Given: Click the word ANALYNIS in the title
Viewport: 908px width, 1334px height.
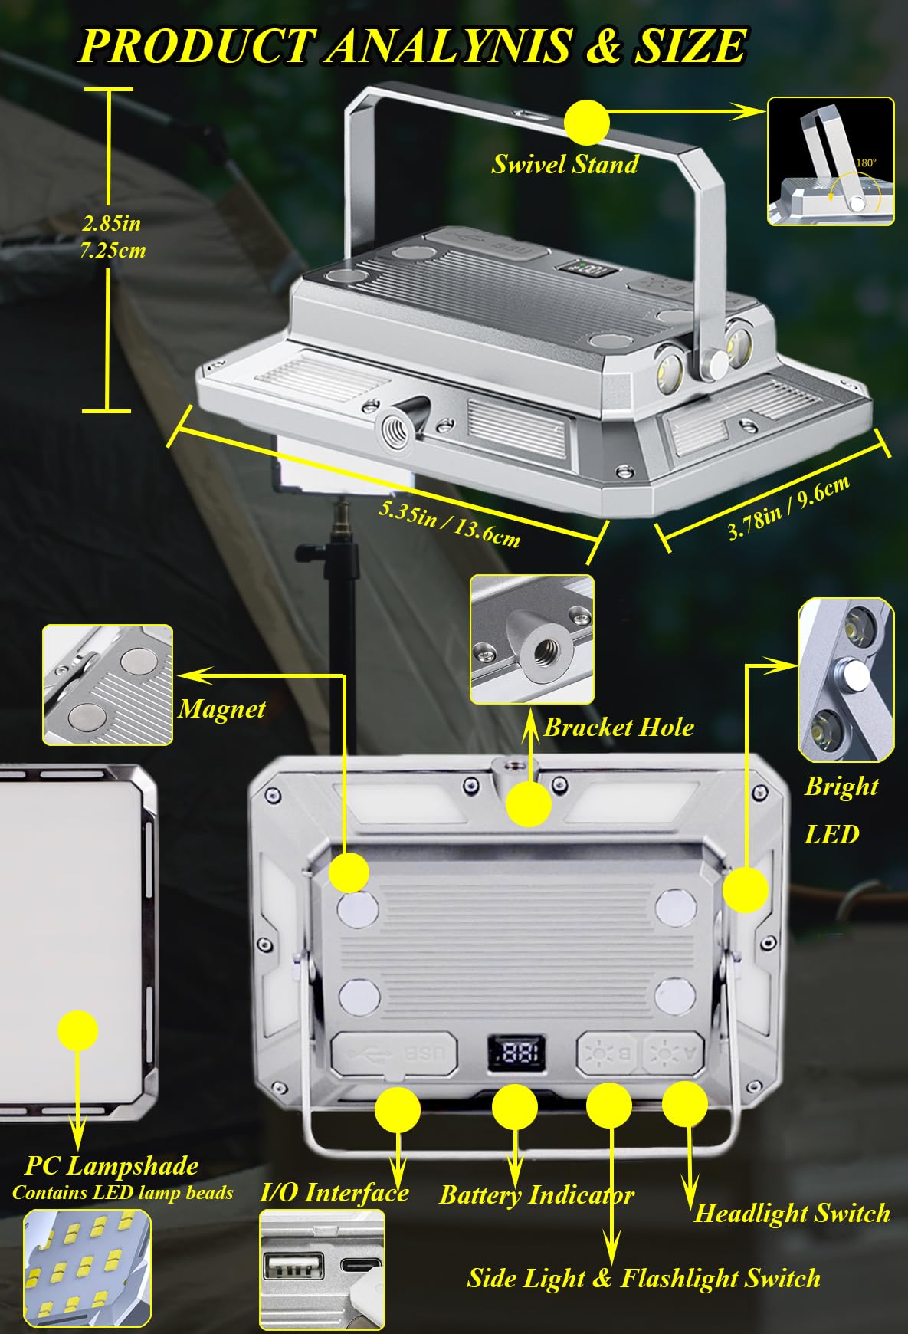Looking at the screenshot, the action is point(449,46).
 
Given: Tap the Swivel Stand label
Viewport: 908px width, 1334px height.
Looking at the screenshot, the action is point(565,164).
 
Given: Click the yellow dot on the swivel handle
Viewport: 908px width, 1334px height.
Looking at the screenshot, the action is point(586,122).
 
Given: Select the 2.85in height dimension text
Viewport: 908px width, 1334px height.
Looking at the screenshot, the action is point(112,223).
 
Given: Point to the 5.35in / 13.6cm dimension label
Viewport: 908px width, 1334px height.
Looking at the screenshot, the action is point(450,524).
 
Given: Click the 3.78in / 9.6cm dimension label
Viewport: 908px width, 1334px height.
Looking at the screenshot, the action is point(789,508).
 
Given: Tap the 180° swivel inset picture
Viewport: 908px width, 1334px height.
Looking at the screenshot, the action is point(831,161).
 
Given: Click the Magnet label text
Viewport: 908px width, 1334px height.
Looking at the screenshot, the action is point(221,708).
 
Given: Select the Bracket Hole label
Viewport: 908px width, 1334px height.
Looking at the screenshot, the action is point(618,728).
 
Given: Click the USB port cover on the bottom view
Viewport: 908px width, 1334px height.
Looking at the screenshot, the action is point(395,1054).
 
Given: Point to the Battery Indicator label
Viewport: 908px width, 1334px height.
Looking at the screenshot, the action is point(536,1194).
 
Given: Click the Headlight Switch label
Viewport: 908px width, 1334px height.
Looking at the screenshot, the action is point(792,1213).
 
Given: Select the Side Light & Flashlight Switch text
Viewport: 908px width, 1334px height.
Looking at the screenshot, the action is point(644,1278).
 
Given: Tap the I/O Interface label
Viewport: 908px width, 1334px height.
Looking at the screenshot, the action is point(334,1192).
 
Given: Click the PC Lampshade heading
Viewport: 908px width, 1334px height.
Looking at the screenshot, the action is point(112,1166).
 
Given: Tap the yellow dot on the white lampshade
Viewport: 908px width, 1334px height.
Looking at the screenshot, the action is point(77,1030).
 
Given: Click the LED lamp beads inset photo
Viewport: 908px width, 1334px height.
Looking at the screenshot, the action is point(87,1268).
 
